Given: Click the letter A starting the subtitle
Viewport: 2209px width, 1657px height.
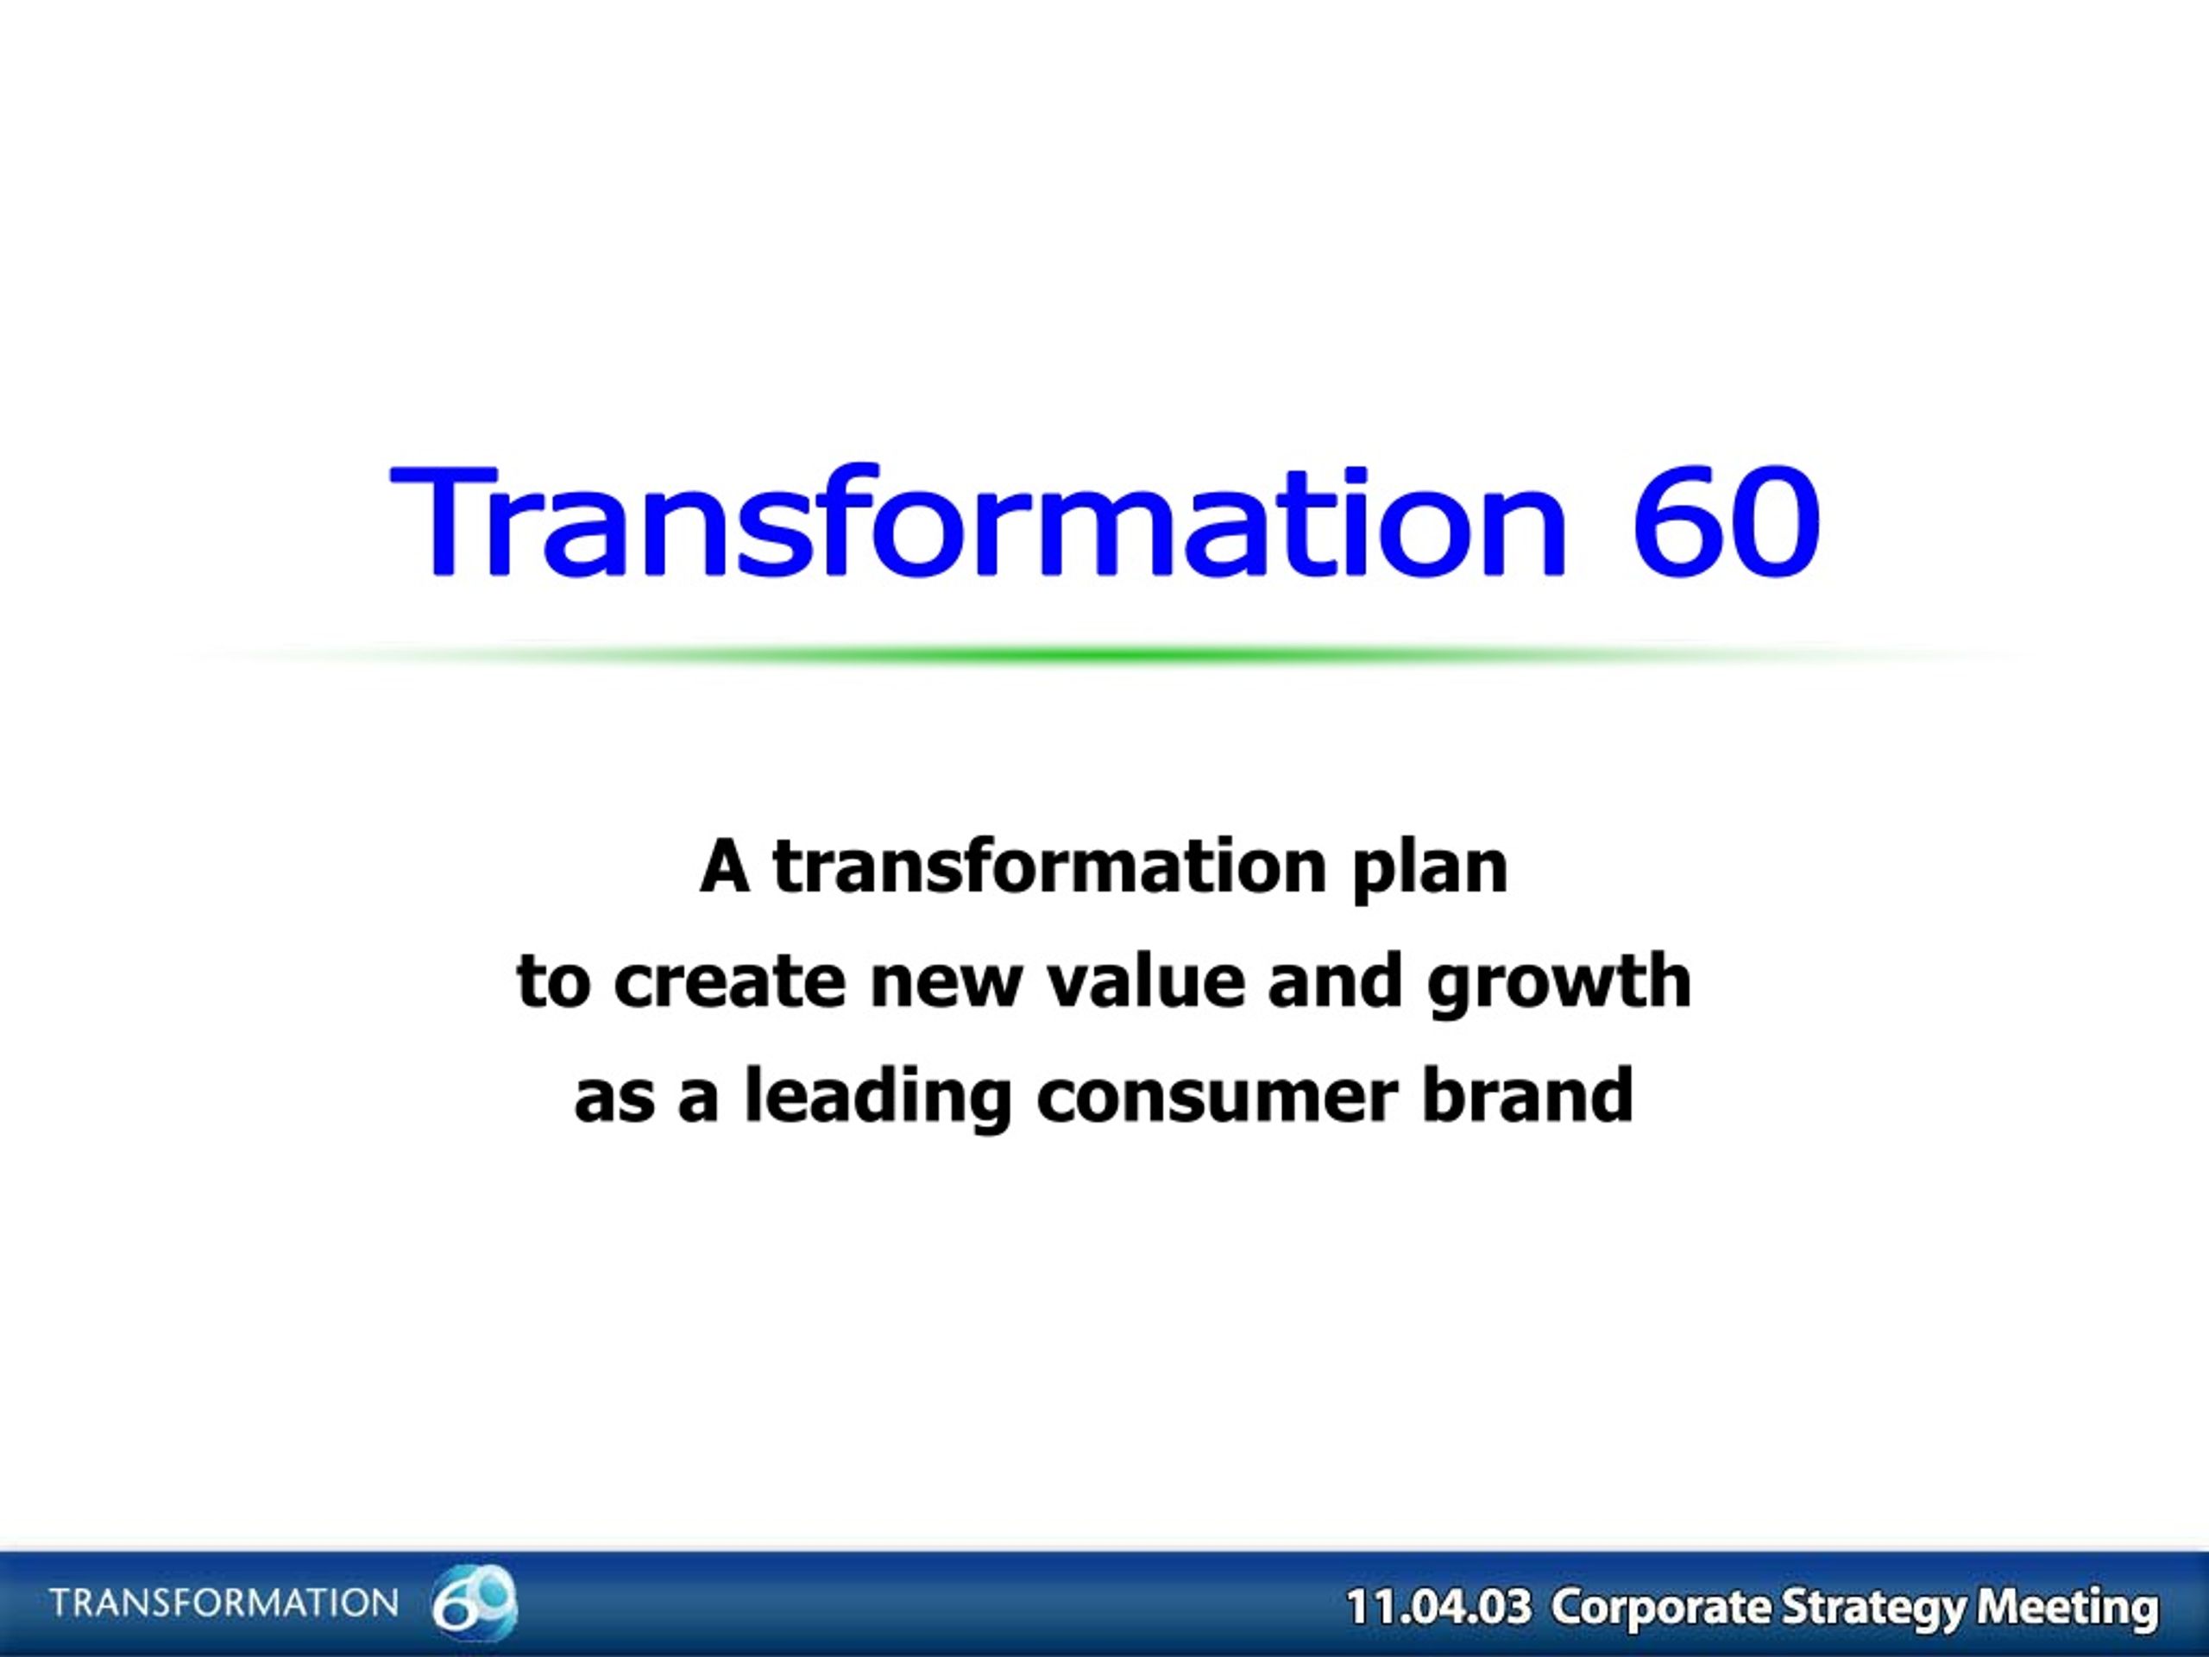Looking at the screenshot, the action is [724, 867].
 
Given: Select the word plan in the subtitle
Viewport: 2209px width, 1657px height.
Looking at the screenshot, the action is [1430, 869].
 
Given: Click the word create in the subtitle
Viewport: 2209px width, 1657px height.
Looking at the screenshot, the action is [729, 982].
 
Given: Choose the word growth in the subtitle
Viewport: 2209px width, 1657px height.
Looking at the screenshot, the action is [1558, 984].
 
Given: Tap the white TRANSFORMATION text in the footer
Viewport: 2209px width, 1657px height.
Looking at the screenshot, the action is [223, 1603].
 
